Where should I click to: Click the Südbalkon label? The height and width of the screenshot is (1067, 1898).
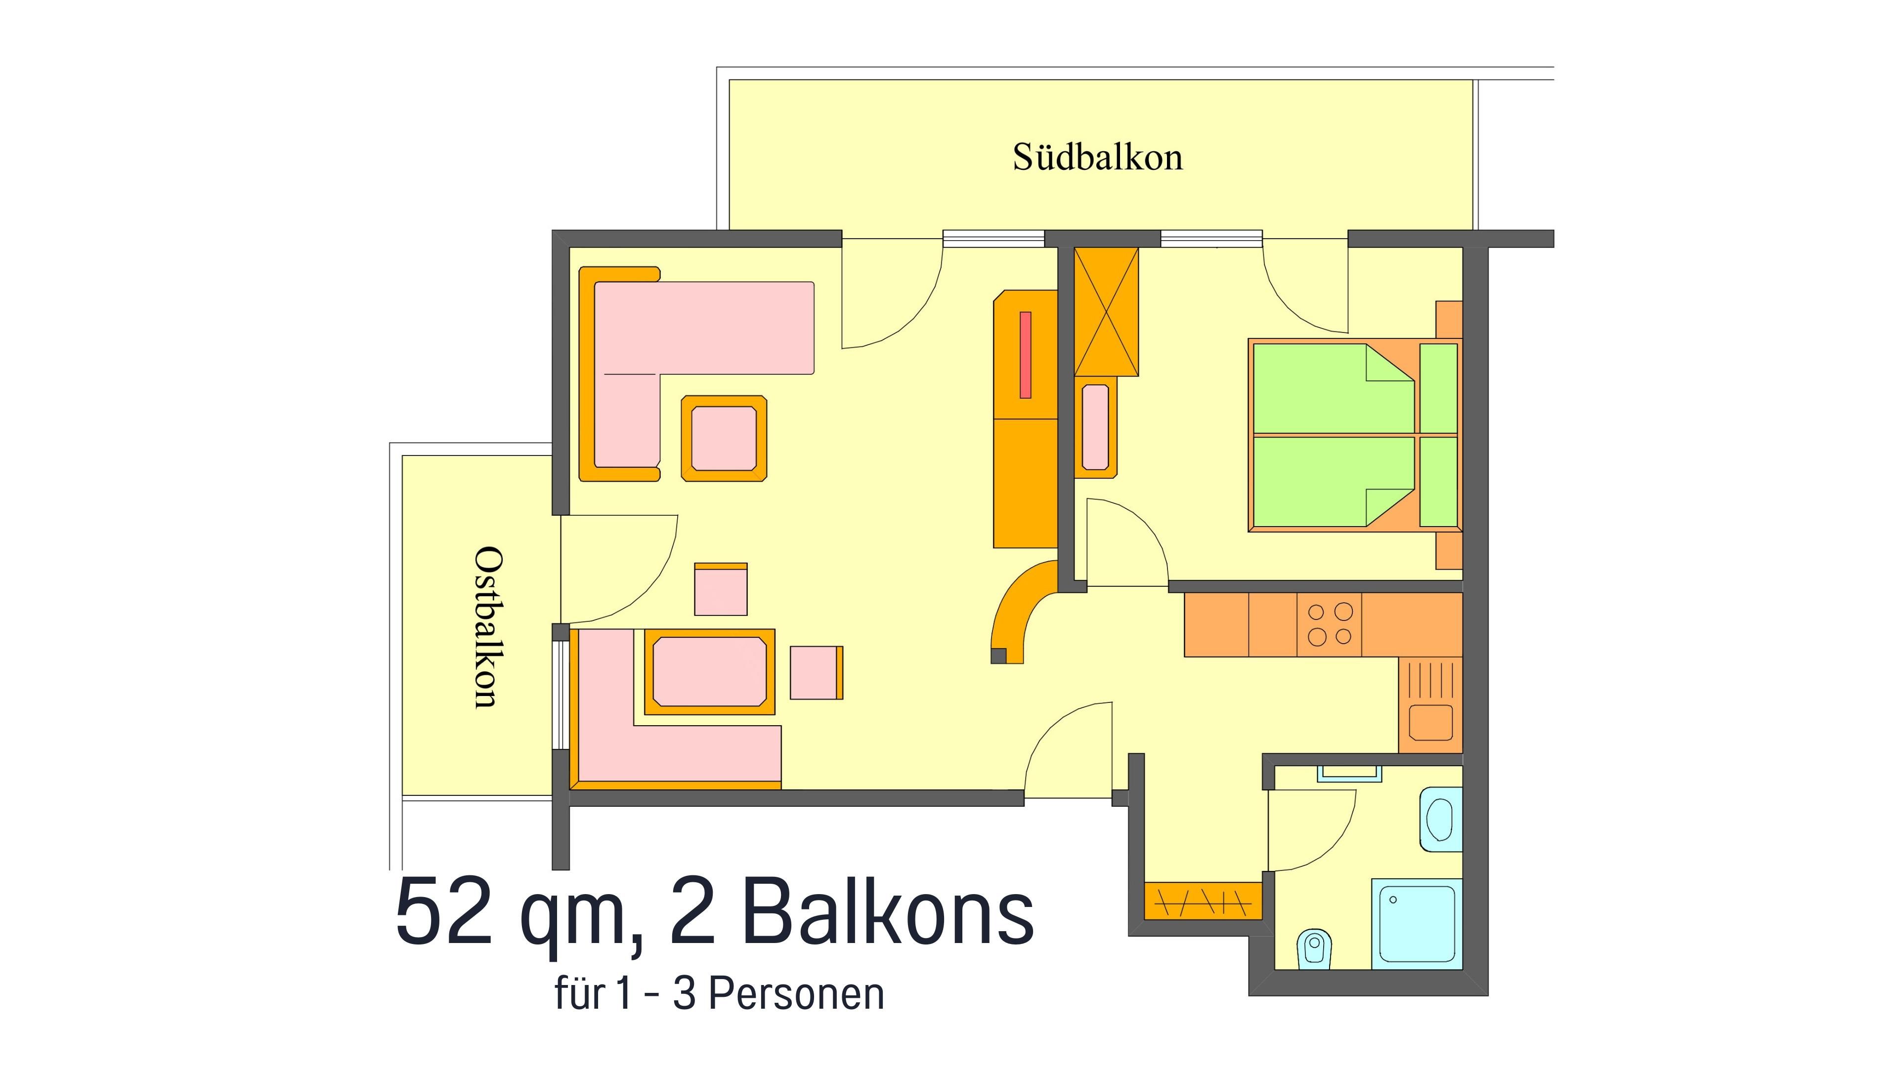(1097, 157)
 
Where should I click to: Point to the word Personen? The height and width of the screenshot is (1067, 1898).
(796, 994)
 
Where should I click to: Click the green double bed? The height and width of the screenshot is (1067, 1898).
(1354, 435)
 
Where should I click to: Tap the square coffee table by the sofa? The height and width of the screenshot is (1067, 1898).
(724, 439)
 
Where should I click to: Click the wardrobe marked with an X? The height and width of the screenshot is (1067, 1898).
(1107, 312)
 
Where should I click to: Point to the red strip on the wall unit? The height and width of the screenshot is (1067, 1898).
(1025, 355)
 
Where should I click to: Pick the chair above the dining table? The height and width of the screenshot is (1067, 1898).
(721, 589)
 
